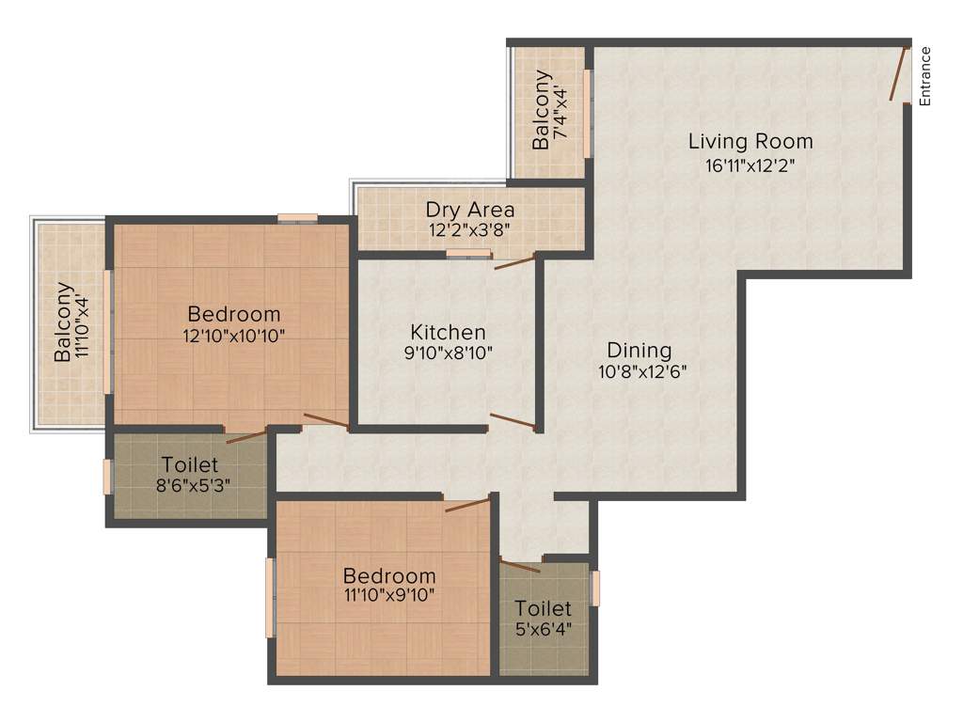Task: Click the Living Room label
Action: [x=750, y=142]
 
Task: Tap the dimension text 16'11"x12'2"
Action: [x=750, y=165]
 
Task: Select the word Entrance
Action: [x=924, y=76]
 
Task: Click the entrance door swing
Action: [x=899, y=73]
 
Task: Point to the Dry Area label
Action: [x=470, y=209]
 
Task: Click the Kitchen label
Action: [x=449, y=332]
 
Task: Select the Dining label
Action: [x=639, y=351]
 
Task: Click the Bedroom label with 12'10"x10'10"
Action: [x=234, y=313]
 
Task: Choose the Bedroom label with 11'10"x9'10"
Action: [x=389, y=575]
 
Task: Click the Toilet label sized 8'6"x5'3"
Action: [x=190, y=464]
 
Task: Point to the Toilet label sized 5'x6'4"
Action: [x=543, y=609]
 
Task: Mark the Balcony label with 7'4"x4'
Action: [x=541, y=109]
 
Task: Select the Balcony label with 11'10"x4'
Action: [x=64, y=322]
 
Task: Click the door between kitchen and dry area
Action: [x=514, y=260]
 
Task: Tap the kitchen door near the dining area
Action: [x=513, y=421]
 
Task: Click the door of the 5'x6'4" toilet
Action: [x=520, y=565]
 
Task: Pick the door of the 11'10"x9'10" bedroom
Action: [x=467, y=505]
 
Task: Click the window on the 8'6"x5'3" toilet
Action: [x=107, y=477]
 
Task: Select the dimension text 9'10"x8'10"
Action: [x=449, y=353]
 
